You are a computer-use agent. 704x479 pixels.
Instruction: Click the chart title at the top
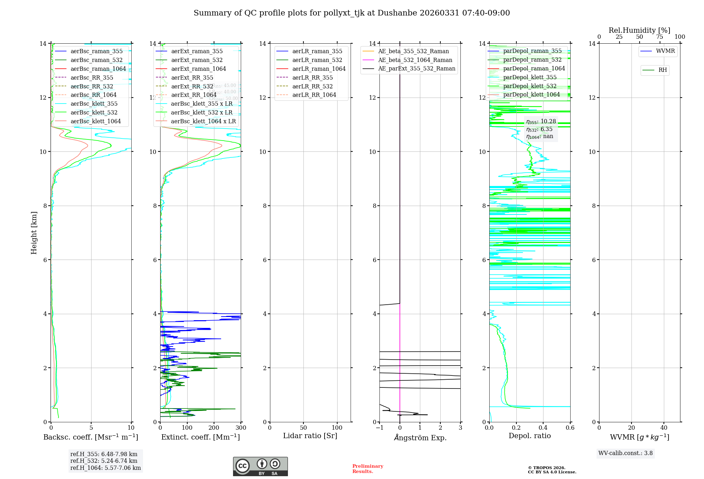[352, 13]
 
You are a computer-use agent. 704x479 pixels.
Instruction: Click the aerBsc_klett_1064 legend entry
[95, 121]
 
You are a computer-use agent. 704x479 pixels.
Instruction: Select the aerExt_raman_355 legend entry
[197, 51]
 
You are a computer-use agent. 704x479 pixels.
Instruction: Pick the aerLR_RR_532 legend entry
[312, 86]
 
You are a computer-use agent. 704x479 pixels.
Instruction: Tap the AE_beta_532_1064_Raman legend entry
[415, 60]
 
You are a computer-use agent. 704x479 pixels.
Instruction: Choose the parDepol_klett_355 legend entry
[530, 77]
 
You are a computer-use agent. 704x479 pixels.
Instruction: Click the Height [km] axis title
[34, 233]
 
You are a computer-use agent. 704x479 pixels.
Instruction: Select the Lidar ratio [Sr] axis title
[310, 436]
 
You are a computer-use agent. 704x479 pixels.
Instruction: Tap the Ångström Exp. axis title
[420, 438]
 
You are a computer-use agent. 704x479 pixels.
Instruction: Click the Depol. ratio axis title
[529, 436]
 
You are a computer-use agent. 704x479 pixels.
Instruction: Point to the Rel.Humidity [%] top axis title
[639, 30]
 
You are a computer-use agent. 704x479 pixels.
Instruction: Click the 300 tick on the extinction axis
[241, 428]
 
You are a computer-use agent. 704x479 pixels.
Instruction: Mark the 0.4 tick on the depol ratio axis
[543, 428]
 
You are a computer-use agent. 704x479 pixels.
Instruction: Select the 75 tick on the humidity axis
[660, 37]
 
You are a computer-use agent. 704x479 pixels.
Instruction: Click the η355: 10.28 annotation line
[541, 122]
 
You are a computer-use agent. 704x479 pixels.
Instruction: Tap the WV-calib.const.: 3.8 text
[626, 453]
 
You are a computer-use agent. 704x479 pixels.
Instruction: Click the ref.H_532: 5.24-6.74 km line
[104, 461]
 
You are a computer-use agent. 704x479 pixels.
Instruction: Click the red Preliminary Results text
[367, 469]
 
